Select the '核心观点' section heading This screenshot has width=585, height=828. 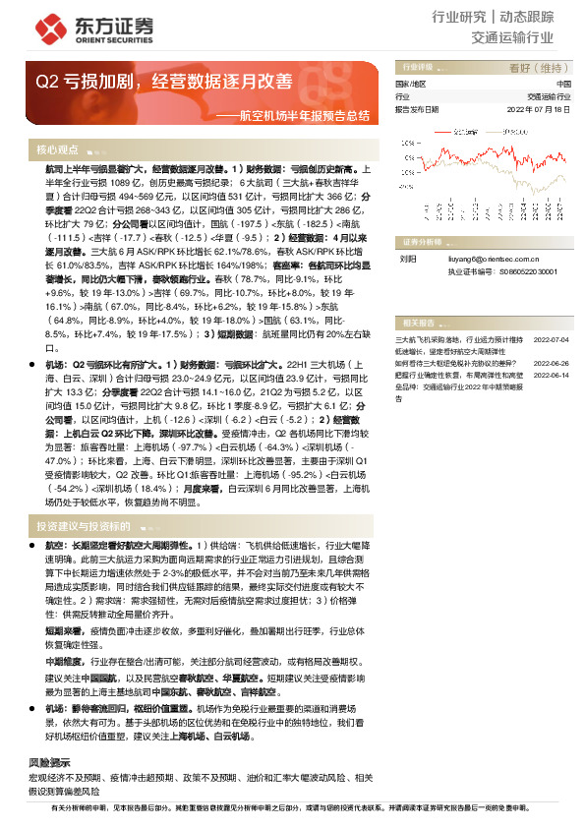click(x=58, y=150)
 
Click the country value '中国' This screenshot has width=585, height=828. click(x=562, y=85)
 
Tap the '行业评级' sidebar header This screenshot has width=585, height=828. click(x=419, y=68)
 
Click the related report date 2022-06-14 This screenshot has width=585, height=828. click(x=552, y=373)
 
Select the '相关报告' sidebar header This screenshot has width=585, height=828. click(x=419, y=323)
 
